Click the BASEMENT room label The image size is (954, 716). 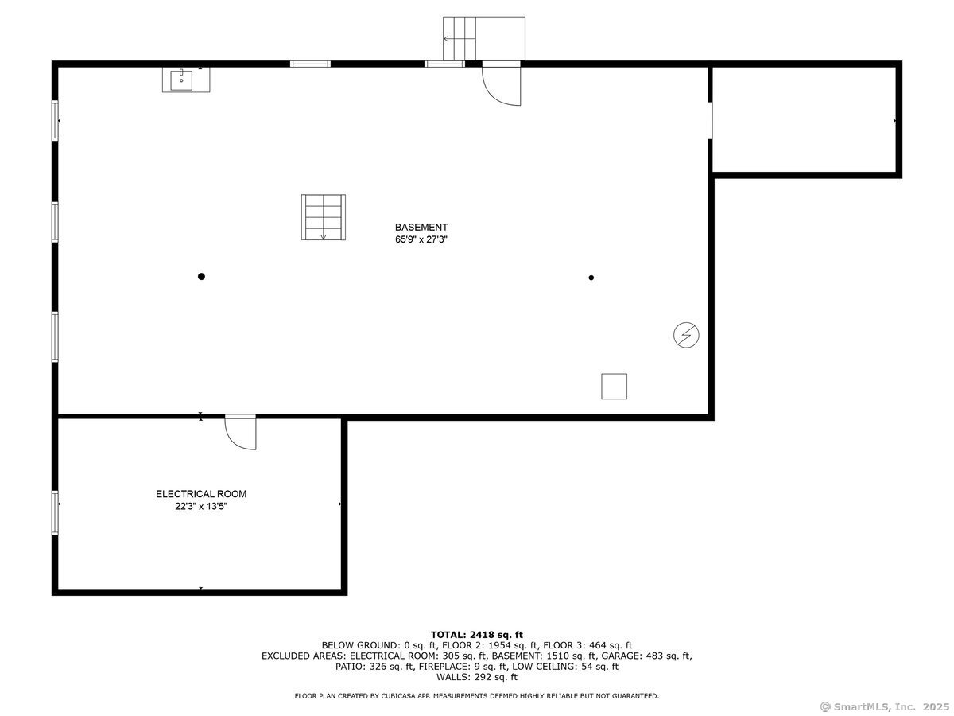coord(421,227)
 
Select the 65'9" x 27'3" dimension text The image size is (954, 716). coord(421,239)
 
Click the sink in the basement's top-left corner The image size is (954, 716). coord(186,80)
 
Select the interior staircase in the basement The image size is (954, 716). coord(323,216)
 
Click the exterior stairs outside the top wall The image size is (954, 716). coord(483,38)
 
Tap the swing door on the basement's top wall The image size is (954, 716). coord(500,84)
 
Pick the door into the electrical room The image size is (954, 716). coord(240,432)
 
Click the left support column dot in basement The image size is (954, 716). coord(201,277)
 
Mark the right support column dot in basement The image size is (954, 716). coord(591,278)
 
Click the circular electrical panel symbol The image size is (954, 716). coord(686,336)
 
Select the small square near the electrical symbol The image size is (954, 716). coord(614,387)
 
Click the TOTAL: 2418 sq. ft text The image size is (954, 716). coord(477,634)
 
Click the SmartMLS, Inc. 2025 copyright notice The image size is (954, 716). coord(883,706)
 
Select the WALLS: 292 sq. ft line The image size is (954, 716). coord(477,678)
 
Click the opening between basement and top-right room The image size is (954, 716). coord(711,120)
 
